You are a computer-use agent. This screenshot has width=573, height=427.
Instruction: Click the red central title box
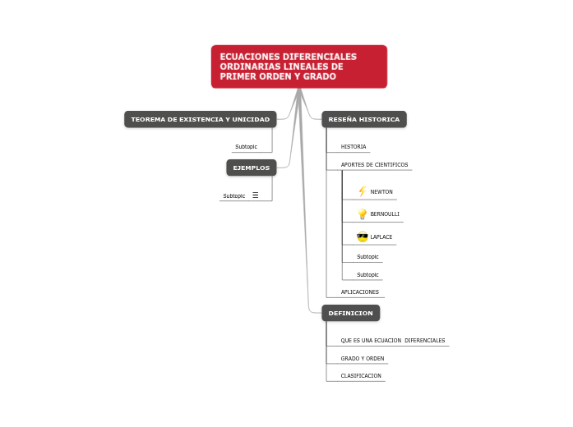pyautogui.click(x=299, y=67)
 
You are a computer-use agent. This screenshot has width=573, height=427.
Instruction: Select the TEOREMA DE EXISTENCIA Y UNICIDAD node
pyautogui.click(x=200, y=120)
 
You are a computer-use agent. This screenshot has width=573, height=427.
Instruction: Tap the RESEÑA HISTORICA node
pyautogui.click(x=363, y=120)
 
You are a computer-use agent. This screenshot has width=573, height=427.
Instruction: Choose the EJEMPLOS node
pyautogui.click(x=251, y=168)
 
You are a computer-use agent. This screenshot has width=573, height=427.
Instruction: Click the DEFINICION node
pyautogui.click(x=350, y=313)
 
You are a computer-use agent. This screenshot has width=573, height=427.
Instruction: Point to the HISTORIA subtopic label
pyautogui.click(x=354, y=146)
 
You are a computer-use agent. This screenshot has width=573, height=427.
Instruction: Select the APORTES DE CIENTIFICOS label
pyautogui.click(x=374, y=164)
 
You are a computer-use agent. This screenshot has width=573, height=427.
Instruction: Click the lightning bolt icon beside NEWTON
pyautogui.click(x=362, y=191)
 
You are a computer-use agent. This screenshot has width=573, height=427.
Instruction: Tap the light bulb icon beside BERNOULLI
pyautogui.click(x=362, y=214)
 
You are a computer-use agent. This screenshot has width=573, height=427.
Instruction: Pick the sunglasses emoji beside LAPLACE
pyautogui.click(x=362, y=237)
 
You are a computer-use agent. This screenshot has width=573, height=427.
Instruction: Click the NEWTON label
pyautogui.click(x=381, y=191)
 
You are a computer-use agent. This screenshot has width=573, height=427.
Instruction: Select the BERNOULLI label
pyautogui.click(x=385, y=214)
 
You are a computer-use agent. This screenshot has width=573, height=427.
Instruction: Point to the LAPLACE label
pyautogui.click(x=381, y=237)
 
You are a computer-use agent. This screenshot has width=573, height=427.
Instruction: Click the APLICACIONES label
pyautogui.click(x=360, y=292)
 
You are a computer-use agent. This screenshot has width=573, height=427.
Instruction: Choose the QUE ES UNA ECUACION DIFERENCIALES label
pyautogui.click(x=393, y=340)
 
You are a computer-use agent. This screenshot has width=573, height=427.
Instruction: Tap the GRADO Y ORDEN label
pyautogui.click(x=363, y=358)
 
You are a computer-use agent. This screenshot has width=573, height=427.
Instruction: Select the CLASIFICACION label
pyautogui.click(x=361, y=375)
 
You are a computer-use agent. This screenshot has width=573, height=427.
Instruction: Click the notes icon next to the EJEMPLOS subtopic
pyautogui.click(x=256, y=195)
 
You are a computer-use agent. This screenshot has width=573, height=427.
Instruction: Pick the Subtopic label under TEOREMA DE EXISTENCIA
pyautogui.click(x=246, y=146)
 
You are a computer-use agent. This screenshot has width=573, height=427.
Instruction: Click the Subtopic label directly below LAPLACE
pyautogui.click(x=367, y=256)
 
